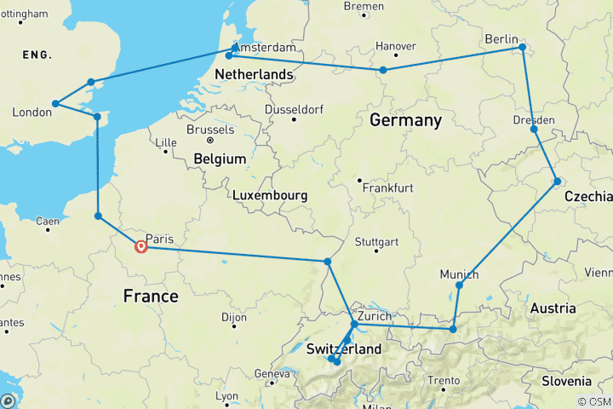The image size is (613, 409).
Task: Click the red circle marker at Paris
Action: tap(141, 247)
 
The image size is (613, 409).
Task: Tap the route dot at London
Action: tap(55, 104)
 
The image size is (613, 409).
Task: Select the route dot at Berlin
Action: tap(522, 48)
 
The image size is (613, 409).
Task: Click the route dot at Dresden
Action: tap(534, 129)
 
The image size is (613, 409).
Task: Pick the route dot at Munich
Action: tap(459, 285)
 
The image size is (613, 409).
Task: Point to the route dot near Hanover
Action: tap(384, 70)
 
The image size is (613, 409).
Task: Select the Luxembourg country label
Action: tap(270, 196)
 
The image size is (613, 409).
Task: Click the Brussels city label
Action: tap(209, 130)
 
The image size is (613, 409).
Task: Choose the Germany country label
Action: tap(405, 121)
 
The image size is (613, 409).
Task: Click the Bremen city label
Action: tap(364, 7)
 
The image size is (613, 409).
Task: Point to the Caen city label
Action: tap(48, 221)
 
